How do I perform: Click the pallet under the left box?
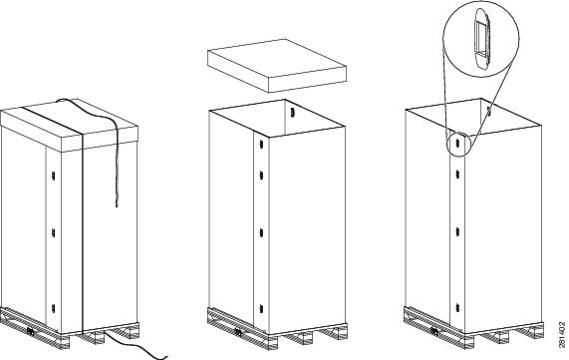click(60, 325)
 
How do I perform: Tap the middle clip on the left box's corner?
click(50, 235)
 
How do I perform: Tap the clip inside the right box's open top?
click(492, 114)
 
